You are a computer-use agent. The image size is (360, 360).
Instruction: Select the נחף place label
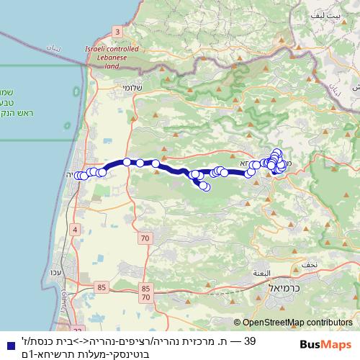coord(310,264)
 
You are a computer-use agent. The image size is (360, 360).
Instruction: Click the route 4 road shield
coord(76,230)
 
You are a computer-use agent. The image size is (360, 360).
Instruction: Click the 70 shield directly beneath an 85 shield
coord(146,296)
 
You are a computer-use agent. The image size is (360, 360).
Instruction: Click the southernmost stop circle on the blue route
coord(205,187)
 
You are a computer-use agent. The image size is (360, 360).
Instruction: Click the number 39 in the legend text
coord(250,339)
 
